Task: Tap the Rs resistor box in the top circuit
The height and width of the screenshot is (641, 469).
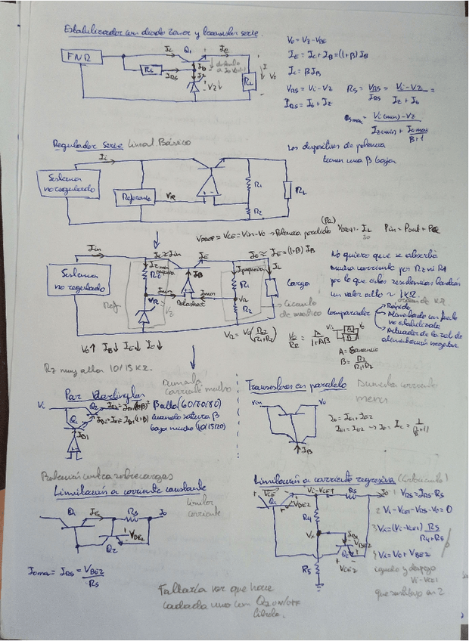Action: click(x=149, y=70)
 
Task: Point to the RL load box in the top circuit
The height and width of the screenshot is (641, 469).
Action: click(x=249, y=82)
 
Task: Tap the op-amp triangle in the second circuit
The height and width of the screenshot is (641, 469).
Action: click(x=207, y=184)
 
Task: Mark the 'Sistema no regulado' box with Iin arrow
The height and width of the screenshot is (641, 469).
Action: click(x=78, y=280)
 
